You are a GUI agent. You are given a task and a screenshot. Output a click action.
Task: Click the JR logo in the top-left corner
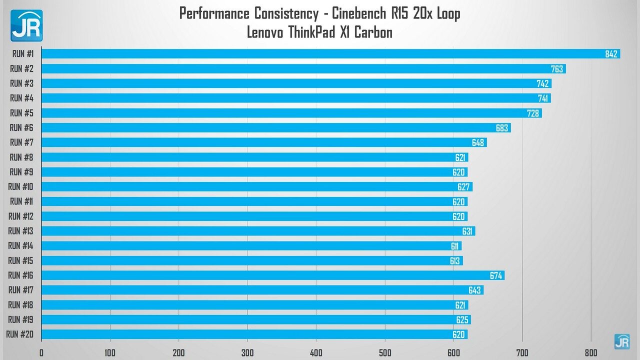[x=26, y=25]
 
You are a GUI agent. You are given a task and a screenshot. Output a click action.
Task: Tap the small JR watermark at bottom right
[x=621, y=341]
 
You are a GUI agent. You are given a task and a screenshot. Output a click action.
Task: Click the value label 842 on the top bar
[x=611, y=54]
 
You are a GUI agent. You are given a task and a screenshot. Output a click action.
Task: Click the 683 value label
[x=502, y=128]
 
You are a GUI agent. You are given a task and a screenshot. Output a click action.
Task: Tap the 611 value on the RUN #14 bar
[x=454, y=246]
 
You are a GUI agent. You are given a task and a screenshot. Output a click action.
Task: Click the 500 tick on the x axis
[x=384, y=352]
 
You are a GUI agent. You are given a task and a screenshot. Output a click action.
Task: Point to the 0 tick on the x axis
[x=41, y=352]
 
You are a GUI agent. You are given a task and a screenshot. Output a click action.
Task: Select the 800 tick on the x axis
[x=590, y=352]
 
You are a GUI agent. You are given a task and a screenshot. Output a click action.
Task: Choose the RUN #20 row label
[x=20, y=334]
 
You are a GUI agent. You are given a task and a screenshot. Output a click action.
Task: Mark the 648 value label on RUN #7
[x=477, y=143]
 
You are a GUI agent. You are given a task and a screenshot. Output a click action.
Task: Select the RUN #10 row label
[x=20, y=186]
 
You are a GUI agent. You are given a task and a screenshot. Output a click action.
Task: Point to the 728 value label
[x=533, y=113]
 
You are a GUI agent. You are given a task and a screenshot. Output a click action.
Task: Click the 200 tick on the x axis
[x=178, y=352]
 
